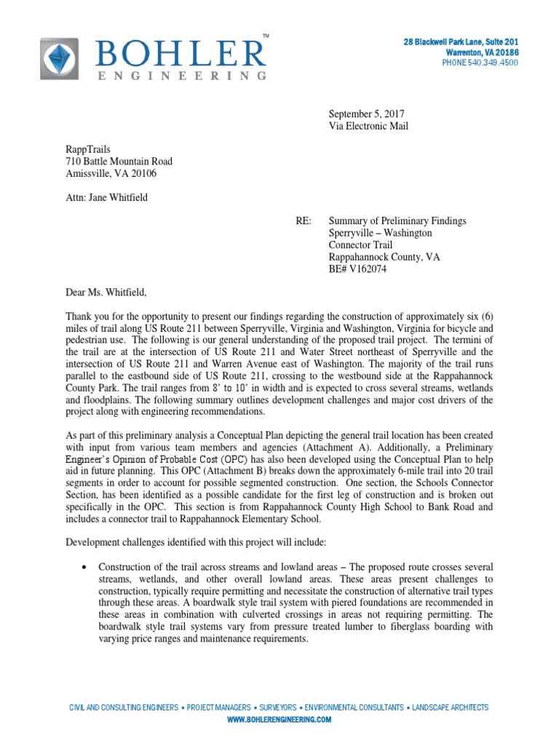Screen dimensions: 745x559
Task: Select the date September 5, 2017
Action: [366, 113]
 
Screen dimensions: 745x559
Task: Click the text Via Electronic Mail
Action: [368, 126]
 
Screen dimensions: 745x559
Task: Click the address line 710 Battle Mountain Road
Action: [119, 162]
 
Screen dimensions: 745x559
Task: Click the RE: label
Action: [304, 220]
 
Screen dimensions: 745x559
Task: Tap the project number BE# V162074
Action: [358, 269]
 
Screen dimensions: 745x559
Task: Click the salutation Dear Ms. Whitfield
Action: [106, 292]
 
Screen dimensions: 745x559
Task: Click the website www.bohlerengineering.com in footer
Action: [279, 719]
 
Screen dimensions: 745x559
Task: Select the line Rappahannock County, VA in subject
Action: [384, 257]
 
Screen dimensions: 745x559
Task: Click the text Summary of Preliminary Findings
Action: [397, 220]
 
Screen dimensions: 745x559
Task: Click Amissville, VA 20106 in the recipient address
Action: [111, 173]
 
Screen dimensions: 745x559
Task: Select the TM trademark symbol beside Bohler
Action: [265, 36]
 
